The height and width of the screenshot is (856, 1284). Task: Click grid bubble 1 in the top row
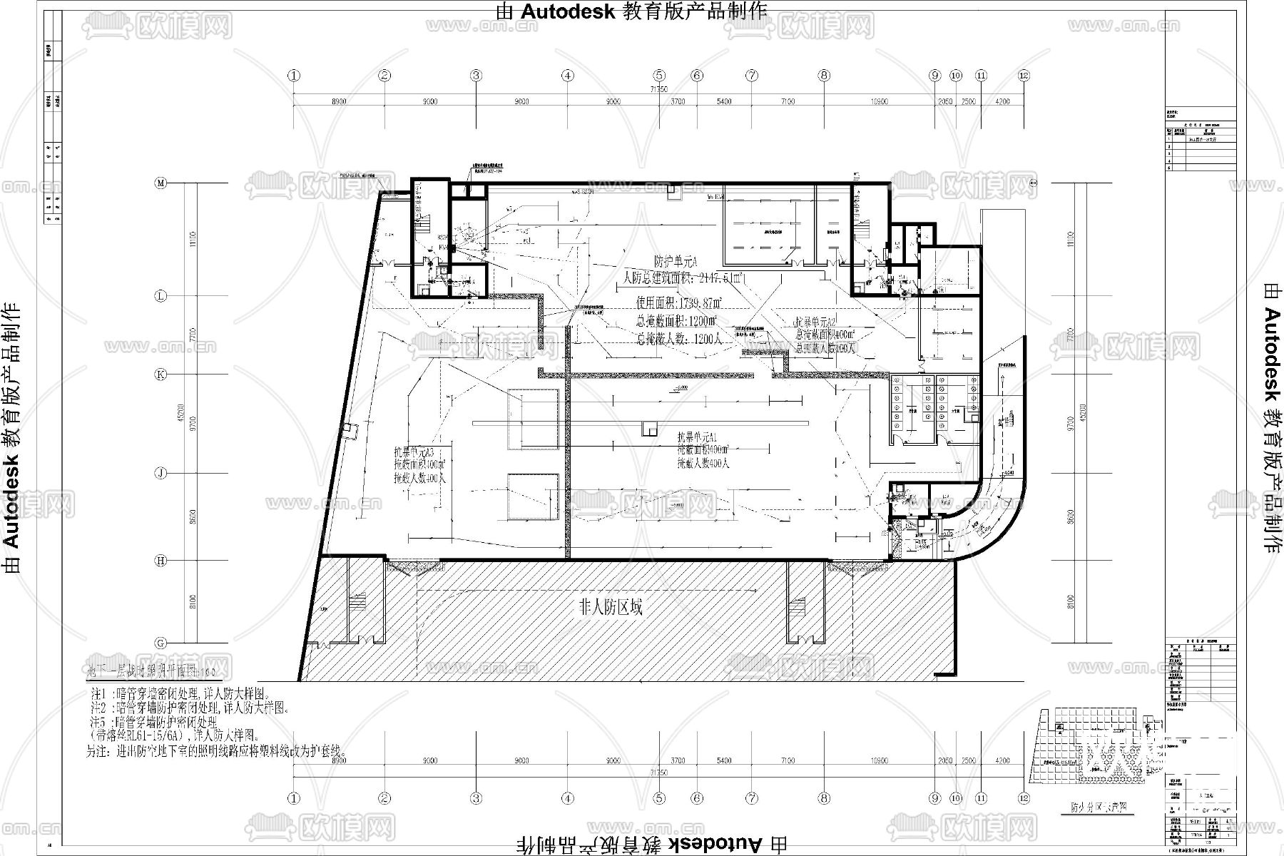click(x=294, y=75)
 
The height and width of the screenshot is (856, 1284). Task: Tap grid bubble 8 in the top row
click(x=824, y=75)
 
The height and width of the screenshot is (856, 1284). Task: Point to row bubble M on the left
click(x=161, y=183)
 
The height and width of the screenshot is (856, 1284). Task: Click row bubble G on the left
click(x=161, y=643)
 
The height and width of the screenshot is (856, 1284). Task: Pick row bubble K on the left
click(x=161, y=374)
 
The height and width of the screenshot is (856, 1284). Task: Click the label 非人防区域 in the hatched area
click(x=611, y=608)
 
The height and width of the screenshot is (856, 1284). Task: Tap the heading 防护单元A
click(x=675, y=260)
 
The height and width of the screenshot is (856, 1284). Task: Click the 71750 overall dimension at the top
click(x=658, y=89)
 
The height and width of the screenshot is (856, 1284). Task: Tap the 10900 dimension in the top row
click(x=879, y=102)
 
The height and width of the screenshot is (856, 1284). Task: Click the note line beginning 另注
click(x=216, y=752)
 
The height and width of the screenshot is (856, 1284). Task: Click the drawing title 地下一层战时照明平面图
click(x=148, y=671)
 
